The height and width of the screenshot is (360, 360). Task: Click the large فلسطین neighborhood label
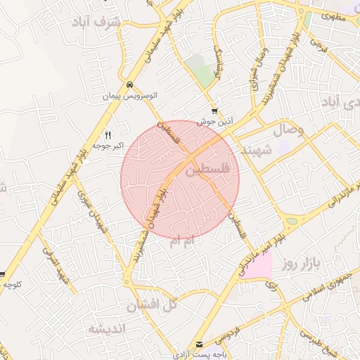click(x=210, y=170)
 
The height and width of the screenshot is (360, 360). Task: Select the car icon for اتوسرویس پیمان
click(x=129, y=84)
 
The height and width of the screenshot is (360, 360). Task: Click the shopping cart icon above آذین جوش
click(x=214, y=111)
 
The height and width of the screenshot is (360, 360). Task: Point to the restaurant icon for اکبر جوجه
click(x=108, y=135)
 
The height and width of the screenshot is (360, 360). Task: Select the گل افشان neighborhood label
click(x=151, y=306)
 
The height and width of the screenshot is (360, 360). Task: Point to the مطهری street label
click(x=335, y=14)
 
